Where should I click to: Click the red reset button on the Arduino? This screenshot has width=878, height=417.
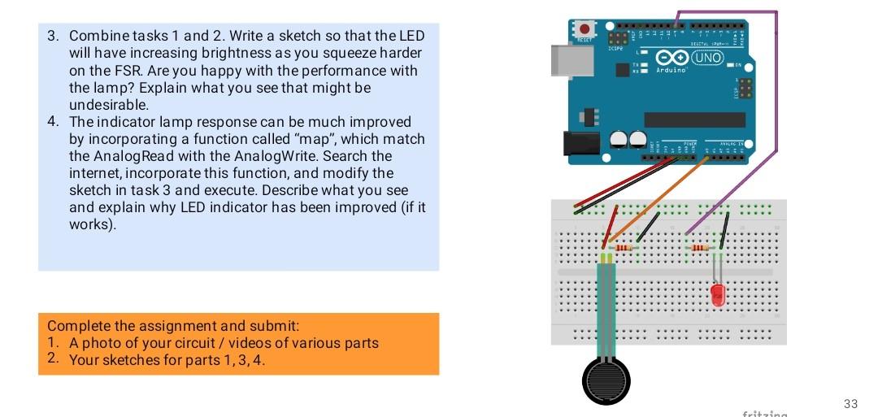(585, 29)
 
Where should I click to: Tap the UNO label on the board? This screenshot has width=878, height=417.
(706, 58)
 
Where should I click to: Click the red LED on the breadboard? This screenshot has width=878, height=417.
(718, 295)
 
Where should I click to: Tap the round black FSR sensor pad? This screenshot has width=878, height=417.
(606, 380)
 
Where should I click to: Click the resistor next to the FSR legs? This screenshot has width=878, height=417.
(624, 247)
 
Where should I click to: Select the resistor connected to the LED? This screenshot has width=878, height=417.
(699, 247)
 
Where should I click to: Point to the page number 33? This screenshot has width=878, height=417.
(850, 404)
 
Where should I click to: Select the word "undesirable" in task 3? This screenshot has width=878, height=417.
(109, 105)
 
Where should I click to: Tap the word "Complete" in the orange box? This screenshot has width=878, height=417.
(79, 327)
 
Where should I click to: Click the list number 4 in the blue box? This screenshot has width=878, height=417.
(52, 122)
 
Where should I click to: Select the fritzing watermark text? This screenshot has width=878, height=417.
(764, 414)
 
